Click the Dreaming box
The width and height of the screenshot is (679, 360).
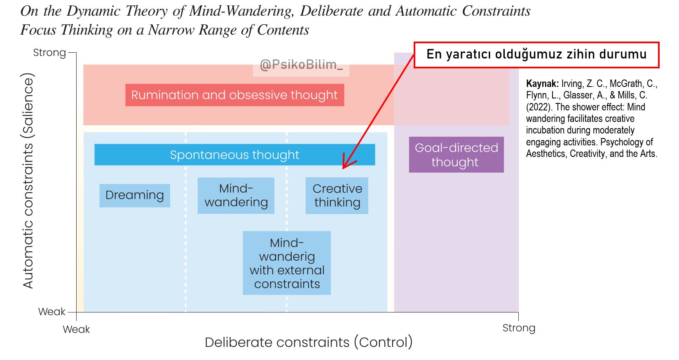(x=134, y=195)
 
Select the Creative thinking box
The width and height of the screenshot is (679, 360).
(x=337, y=196)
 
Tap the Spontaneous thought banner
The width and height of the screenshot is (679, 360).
(x=234, y=155)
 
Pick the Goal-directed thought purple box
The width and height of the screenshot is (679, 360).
(x=456, y=154)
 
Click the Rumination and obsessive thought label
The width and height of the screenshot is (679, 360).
(x=234, y=95)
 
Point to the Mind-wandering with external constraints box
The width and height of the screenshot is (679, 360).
(x=286, y=263)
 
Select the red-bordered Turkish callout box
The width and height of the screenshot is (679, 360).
(x=536, y=55)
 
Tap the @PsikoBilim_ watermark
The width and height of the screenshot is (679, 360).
(x=301, y=65)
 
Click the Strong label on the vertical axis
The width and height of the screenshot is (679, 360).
(x=49, y=53)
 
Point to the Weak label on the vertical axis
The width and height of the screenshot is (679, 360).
(x=52, y=312)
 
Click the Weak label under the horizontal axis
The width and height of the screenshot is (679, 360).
(x=76, y=330)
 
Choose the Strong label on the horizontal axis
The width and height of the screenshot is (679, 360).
(x=519, y=328)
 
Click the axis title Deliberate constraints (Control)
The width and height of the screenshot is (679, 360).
(x=309, y=342)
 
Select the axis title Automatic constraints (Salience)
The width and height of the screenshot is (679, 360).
(x=28, y=180)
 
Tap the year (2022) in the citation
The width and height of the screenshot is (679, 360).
(x=539, y=107)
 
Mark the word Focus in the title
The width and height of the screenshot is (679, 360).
(x=38, y=30)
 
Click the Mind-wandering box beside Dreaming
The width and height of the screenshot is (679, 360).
(x=236, y=196)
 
